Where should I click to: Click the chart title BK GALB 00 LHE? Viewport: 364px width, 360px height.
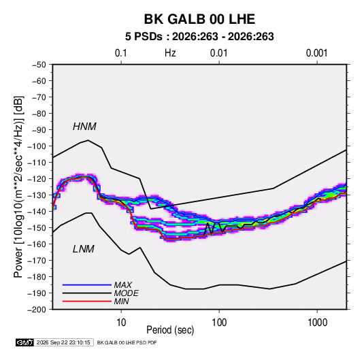click(x=199, y=19)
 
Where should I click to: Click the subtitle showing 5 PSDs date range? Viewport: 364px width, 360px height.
click(x=199, y=37)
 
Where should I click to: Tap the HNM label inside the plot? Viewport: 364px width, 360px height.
click(x=84, y=127)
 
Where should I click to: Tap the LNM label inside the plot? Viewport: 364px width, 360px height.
click(x=84, y=249)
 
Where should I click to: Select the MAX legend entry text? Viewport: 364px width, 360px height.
click(x=123, y=284)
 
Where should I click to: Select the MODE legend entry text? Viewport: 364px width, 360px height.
click(x=127, y=293)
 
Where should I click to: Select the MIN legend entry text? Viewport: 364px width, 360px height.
click(x=121, y=301)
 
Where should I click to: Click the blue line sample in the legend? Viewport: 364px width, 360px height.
click(x=87, y=284)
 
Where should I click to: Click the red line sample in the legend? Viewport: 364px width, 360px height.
click(x=87, y=301)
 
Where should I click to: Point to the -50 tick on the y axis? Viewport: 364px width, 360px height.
click(x=52, y=65)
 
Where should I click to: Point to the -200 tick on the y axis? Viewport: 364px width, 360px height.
click(x=52, y=310)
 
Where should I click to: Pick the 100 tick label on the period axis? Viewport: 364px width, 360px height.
click(x=219, y=323)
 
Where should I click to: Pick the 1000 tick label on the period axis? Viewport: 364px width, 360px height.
click(x=317, y=323)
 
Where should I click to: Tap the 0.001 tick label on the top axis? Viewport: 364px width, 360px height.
click(x=316, y=53)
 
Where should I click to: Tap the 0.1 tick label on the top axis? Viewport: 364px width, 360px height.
click(x=121, y=53)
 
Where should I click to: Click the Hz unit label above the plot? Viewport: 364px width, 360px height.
click(x=170, y=53)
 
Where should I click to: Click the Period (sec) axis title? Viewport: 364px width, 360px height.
click(x=170, y=330)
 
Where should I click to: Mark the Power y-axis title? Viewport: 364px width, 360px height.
click(x=18, y=187)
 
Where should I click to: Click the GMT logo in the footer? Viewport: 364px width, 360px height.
click(x=25, y=342)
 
